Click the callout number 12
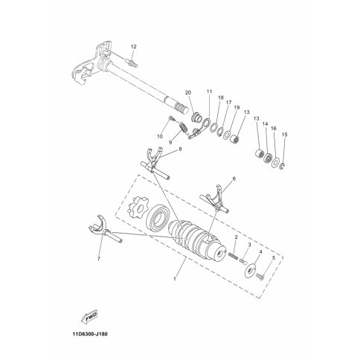pyautogui.click(x=134, y=47)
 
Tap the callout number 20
pyautogui.click(x=188, y=93)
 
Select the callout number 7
pyautogui.click(x=99, y=259)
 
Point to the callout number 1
pyautogui.click(x=175, y=279)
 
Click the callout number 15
pyautogui.click(x=284, y=135)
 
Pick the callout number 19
pyautogui.click(x=237, y=108)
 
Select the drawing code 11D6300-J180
pyautogui.click(x=90, y=334)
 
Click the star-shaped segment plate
pyautogui.click(x=135, y=208)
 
